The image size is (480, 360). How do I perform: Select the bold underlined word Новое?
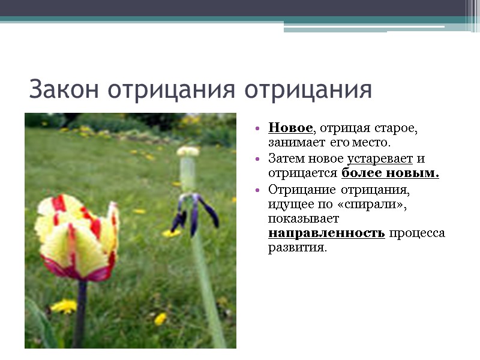pos(290,128)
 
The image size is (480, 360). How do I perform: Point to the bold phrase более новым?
pos(390,174)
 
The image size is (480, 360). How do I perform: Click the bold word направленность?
pos(326,233)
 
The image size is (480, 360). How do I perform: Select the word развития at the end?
pos(298,248)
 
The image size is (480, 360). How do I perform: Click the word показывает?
pos(295,218)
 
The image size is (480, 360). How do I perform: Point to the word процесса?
pos(417,233)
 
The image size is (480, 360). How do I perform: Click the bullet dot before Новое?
pos(257,129)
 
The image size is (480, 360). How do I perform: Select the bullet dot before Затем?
pos(257,160)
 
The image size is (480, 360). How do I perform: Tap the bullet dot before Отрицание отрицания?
pos(257,190)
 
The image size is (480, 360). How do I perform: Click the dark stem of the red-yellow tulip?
pos(80,312)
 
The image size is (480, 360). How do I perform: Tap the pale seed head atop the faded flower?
pos(188,152)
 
